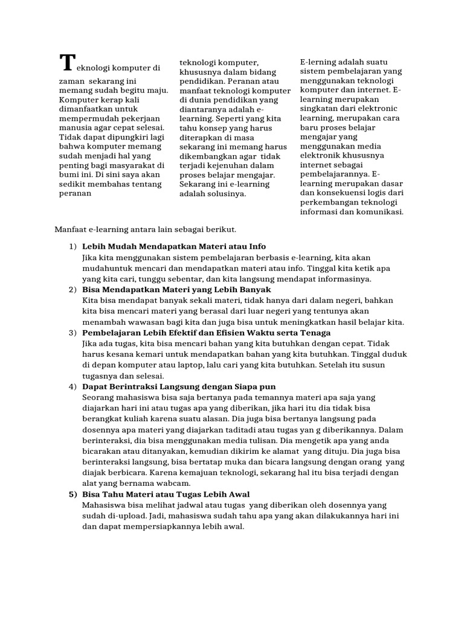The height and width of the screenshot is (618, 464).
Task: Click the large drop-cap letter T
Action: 67,63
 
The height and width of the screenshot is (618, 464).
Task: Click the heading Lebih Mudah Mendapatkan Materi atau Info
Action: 174,247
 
